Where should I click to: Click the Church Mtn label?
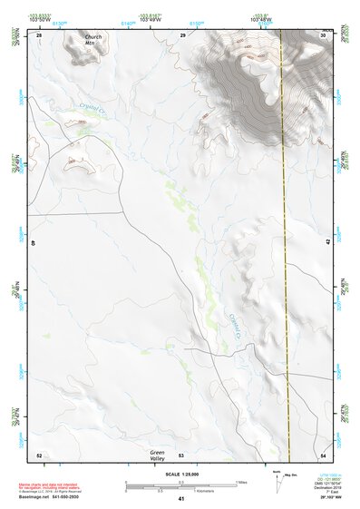83,39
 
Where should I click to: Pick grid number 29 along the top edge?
183,34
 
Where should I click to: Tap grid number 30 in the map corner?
324,34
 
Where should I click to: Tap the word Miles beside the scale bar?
241,482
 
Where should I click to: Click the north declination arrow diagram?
277,485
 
